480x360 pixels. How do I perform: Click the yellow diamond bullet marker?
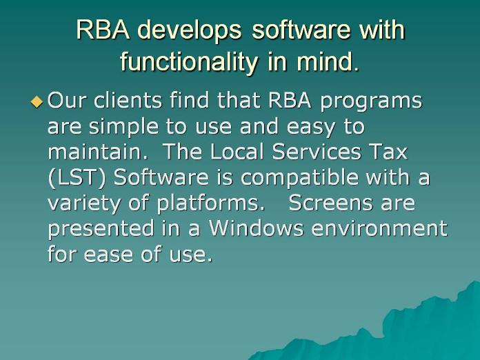(x=37, y=102)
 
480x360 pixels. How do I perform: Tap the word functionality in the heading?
(x=188, y=61)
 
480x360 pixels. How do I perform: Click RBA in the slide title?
(x=103, y=30)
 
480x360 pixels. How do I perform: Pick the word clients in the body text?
(x=128, y=101)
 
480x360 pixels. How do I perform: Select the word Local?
(x=237, y=152)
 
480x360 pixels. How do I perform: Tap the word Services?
(x=317, y=152)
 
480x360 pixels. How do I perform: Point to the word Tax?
(x=388, y=152)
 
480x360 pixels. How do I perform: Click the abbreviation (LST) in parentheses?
(x=77, y=178)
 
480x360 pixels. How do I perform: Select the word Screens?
(x=331, y=203)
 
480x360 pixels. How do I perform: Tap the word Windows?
(x=256, y=228)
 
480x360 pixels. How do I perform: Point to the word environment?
(x=379, y=229)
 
